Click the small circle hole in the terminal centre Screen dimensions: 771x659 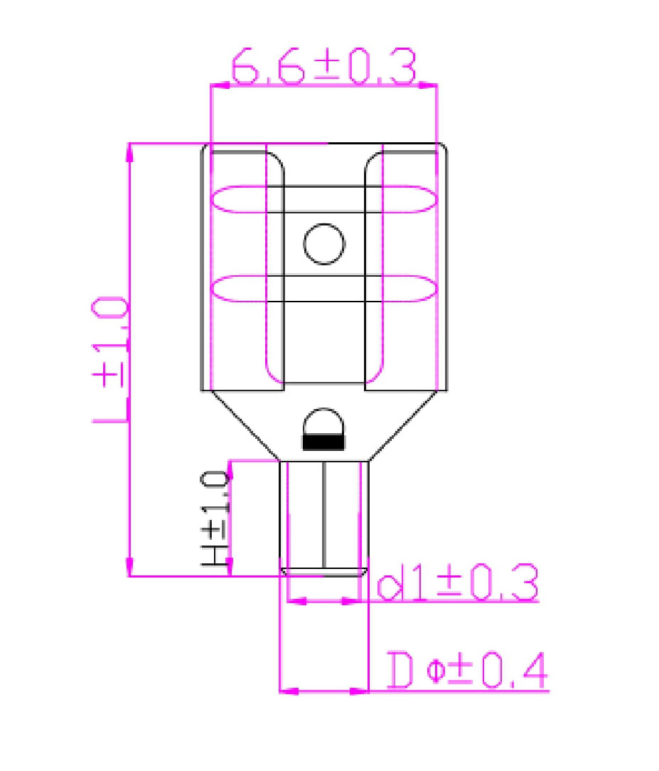tap(324, 244)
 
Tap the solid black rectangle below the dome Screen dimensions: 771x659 tap(323, 442)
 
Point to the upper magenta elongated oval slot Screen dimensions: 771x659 tap(323, 199)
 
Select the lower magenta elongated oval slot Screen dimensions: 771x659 tap(323, 288)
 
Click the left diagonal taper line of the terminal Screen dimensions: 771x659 tap(242, 425)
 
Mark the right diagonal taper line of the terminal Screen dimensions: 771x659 tap(405, 425)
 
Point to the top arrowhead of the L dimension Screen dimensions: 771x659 tap(129, 150)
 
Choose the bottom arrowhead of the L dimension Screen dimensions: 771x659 tap(129, 568)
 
